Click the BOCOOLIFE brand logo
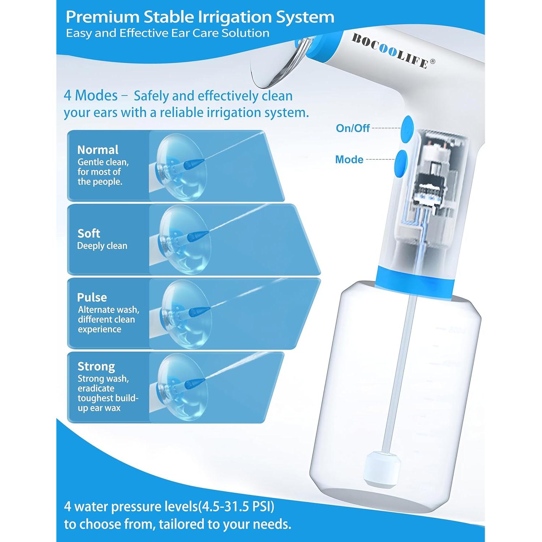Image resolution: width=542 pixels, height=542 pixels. point(390,51)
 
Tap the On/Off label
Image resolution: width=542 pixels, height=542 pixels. point(353,128)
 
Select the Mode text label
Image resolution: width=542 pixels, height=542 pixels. point(349,159)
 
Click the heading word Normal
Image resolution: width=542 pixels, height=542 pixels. point(98,150)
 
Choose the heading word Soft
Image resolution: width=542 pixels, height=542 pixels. point(89,233)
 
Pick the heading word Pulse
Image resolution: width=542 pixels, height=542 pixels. point(92,297)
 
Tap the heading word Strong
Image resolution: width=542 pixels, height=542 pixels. point(96,366)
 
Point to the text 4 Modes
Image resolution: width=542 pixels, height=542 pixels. point(90,95)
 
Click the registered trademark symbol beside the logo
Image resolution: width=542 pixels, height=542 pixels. point(433,61)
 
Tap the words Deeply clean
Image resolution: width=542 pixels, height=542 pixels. point(102,246)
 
